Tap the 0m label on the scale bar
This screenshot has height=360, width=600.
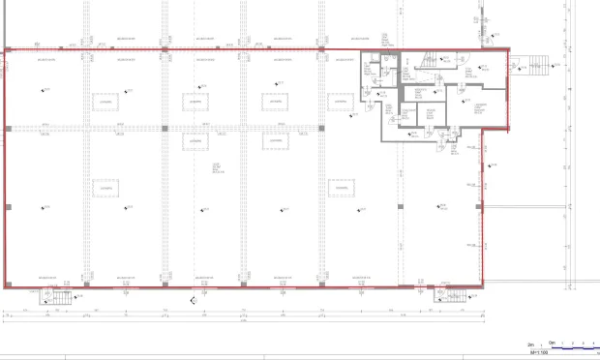click(x=553, y=343)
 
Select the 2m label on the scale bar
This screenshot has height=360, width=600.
click(x=530, y=343)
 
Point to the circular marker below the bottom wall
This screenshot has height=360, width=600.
click(x=194, y=301)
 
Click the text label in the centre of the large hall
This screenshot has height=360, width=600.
click(x=217, y=169)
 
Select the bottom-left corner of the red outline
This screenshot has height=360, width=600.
click(x=6, y=287)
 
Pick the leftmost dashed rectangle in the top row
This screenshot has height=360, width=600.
click(x=105, y=101)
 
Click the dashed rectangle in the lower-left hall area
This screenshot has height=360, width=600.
click(x=105, y=188)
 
